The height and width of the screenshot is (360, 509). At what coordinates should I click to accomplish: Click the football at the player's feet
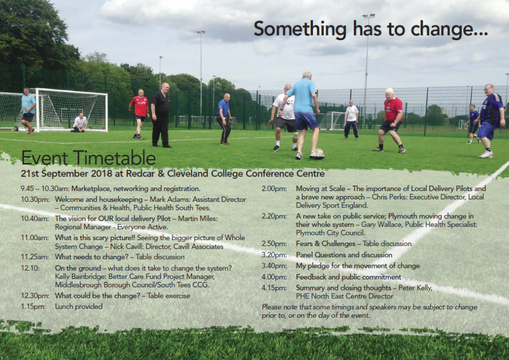point(318,154)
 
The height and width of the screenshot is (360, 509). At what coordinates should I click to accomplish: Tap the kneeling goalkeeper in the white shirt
point(79,122)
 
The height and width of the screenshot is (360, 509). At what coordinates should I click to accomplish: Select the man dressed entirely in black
point(162,115)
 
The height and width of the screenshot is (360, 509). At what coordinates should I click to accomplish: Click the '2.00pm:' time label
point(274,188)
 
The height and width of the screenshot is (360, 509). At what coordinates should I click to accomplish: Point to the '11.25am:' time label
point(35,257)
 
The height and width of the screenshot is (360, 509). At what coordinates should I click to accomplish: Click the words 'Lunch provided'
point(79,306)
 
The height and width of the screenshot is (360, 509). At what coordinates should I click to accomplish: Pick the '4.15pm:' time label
point(274,288)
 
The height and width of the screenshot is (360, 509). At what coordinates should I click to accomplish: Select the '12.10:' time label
point(30,268)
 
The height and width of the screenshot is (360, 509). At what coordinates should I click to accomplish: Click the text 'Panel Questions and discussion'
point(344,255)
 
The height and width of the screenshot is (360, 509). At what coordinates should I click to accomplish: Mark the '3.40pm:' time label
point(274,266)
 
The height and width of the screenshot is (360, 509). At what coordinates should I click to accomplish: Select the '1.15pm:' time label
point(33,306)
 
